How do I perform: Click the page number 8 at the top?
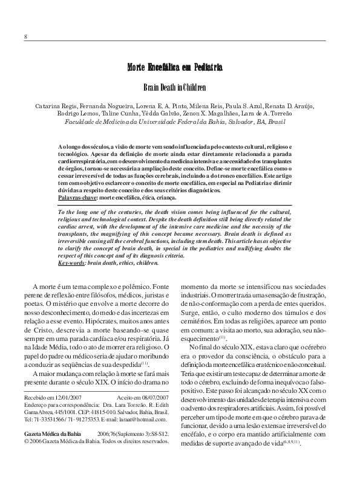(x=26, y=36)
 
